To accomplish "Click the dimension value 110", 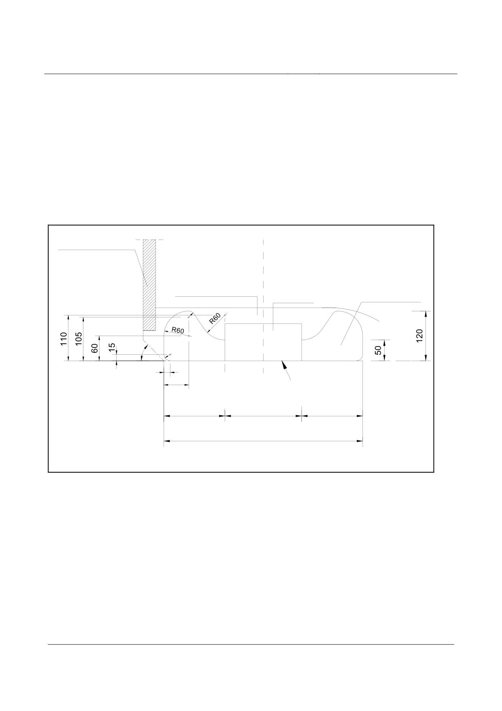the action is point(64,338).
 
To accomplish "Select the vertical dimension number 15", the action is point(112,347).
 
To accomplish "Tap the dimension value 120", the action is point(419,336).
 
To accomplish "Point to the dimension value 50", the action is point(379,350).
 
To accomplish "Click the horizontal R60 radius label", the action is point(178,330).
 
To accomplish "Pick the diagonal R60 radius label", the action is point(215,319).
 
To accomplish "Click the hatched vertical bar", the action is point(149,285).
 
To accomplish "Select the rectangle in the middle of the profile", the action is point(263,342).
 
